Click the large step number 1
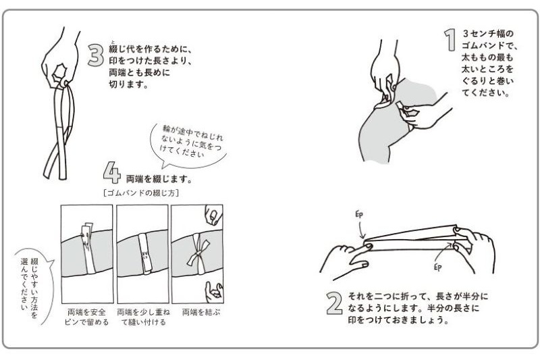tap(450, 40)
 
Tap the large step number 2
tap(334, 303)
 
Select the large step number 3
tap(95, 55)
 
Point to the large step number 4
tap(112, 173)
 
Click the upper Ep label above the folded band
tap(359, 215)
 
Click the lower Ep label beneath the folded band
tap(437, 267)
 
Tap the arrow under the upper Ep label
tap(361, 230)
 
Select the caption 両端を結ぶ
tap(200, 313)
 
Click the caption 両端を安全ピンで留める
tap(87, 317)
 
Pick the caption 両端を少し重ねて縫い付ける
tap(143, 317)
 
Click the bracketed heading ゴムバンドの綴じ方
tap(141, 193)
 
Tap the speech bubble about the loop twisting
tap(189, 144)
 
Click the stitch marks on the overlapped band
tap(145, 255)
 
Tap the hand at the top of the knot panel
tap(213, 215)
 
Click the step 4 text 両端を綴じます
tap(159, 179)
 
